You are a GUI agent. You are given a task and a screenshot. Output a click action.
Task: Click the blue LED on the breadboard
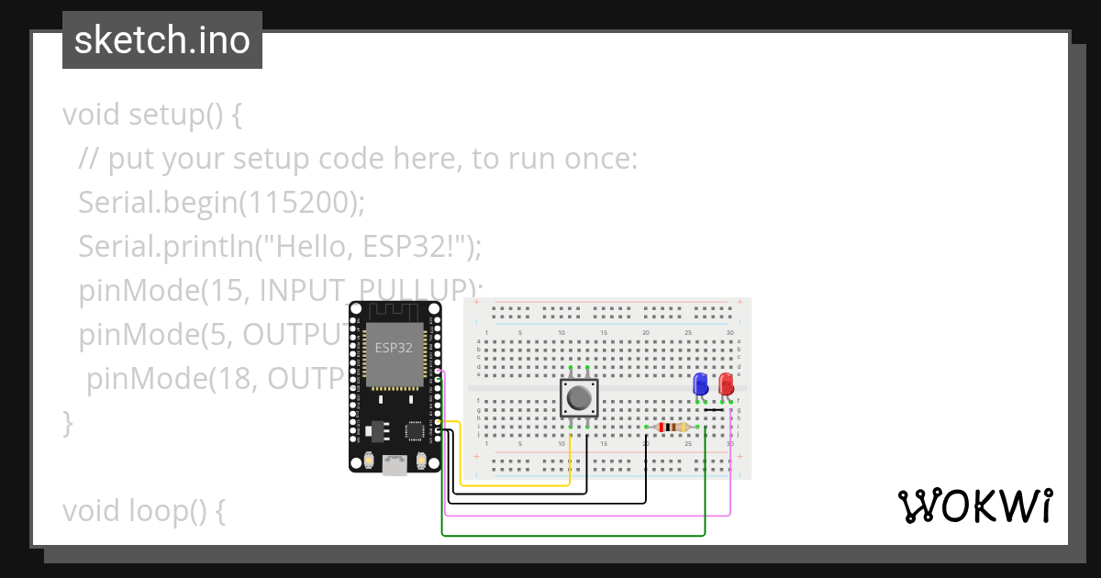(700, 383)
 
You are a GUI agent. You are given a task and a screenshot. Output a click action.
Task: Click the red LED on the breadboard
(727, 383)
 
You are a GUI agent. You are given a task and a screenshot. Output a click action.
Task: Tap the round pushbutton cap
(579, 398)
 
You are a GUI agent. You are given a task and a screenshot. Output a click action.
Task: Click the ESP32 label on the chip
(393, 348)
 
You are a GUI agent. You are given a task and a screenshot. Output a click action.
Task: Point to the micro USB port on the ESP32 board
(395, 465)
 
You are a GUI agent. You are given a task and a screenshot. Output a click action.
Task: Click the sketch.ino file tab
(162, 40)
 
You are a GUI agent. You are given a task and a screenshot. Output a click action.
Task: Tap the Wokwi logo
(974, 506)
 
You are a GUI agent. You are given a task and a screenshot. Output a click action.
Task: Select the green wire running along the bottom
(569, 535)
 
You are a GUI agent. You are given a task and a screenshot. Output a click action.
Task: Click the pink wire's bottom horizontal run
(587, 515)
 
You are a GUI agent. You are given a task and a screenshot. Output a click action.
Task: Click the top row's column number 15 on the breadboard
(603, 332)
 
